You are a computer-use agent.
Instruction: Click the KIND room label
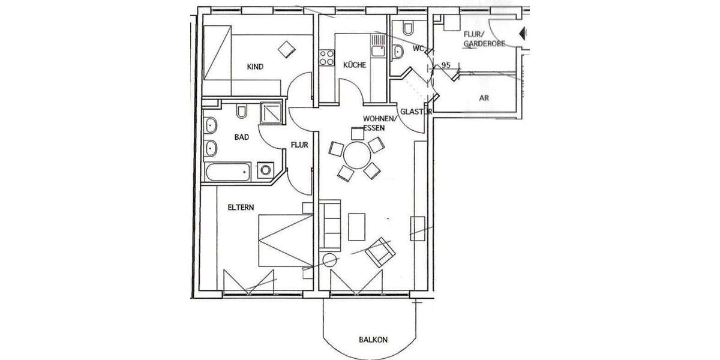coord(255,67)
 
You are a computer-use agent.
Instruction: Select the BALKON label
coord(373,340)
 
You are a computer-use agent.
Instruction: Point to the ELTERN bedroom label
coord(241,207)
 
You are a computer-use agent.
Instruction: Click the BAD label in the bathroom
coord(241,137)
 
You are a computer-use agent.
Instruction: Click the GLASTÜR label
coord(412,112)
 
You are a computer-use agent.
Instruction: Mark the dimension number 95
coord(446,64)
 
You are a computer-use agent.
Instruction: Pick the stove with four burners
coord(326,58)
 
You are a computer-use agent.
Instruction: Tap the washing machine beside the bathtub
coord(265,170)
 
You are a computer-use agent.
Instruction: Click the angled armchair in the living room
coord(380,251)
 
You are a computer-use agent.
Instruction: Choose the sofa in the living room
coord(330,226)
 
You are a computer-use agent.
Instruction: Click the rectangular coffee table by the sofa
coord(356,226)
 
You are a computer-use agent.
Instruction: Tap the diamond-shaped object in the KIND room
coord(287,49)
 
